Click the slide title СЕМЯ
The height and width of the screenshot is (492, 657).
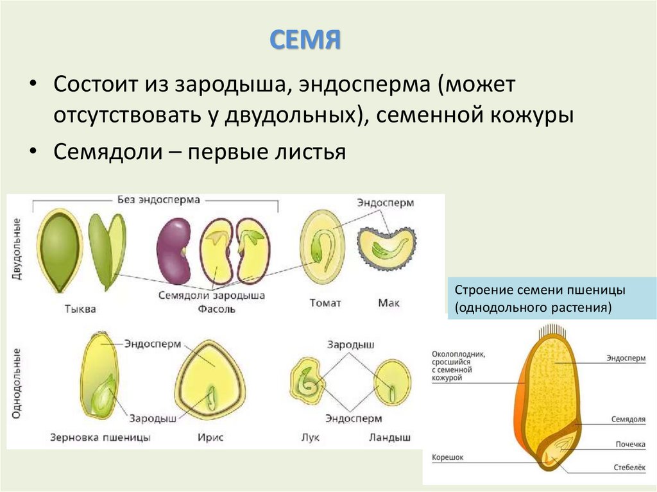pos(304,40)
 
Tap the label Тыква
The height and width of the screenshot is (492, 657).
pos(81,309)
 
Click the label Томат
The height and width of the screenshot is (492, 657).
pos(325,303)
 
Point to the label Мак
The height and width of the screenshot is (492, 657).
pos(389,303)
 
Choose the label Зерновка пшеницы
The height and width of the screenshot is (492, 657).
pos(100,437)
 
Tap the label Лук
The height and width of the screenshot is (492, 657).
pos(310,437)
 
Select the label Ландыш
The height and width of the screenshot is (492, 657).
pos(389,437)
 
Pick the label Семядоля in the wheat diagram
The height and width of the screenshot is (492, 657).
pos(627,420)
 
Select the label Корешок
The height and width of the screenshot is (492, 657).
pos(447,458)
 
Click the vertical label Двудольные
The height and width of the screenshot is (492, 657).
pos(17,248)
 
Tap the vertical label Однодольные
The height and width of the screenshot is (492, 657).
pos(17,384)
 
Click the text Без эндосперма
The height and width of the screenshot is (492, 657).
pos(158,199)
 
